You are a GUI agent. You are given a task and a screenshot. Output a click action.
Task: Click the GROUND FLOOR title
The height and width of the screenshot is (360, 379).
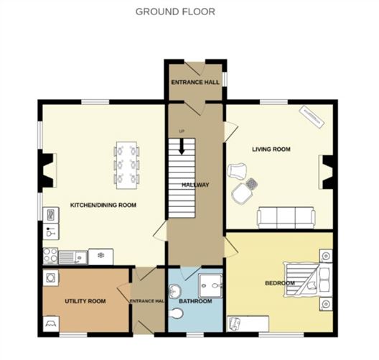click(x=175, y=11)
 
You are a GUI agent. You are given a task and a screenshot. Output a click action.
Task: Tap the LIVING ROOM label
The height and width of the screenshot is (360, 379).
click(x=271, y=149)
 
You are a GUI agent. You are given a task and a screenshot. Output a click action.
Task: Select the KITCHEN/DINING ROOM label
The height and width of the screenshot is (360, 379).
click(x=103, y=206)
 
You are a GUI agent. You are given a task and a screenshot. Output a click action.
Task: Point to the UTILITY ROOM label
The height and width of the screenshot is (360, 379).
click(x=85, y=301)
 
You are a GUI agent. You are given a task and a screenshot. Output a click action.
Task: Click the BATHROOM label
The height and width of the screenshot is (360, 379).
click(x=195, y=301)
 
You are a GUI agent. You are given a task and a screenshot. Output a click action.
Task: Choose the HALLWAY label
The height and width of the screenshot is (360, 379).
click(x=195, y=185)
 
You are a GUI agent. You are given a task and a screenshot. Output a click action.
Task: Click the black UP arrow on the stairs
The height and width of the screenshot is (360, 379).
click(x=182, y=147)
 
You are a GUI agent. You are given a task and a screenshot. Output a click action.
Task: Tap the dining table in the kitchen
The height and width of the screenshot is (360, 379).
click(x=126, y=165)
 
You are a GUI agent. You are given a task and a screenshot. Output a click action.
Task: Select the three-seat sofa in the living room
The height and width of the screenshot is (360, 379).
click(x=286, y=218)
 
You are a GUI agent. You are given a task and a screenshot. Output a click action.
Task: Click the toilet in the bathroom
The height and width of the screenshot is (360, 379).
click(x=176, y=313)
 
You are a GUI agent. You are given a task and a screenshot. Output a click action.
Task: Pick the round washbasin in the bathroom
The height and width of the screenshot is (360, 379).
click(x=174, y=291)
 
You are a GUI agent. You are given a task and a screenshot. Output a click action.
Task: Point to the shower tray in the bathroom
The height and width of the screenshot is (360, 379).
click(x=210, y=286)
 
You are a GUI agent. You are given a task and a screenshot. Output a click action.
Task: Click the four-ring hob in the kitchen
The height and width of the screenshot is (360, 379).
click(x=50, y=256)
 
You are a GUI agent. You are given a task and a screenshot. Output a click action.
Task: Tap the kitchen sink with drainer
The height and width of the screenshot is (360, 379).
click(x=73, y=257)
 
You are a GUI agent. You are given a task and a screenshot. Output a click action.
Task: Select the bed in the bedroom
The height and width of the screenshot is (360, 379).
click(x=307, y=280)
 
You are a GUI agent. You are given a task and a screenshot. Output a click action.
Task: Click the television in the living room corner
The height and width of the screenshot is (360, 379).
click(x=312, y=116)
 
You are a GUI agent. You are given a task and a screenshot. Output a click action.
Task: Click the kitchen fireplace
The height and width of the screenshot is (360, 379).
click(x=48, y=170)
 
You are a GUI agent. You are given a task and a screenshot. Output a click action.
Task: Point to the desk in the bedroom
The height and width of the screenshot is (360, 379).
click(x=248, y=323)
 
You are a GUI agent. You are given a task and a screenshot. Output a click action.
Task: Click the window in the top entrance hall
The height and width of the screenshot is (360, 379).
click(x=225, y=79)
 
